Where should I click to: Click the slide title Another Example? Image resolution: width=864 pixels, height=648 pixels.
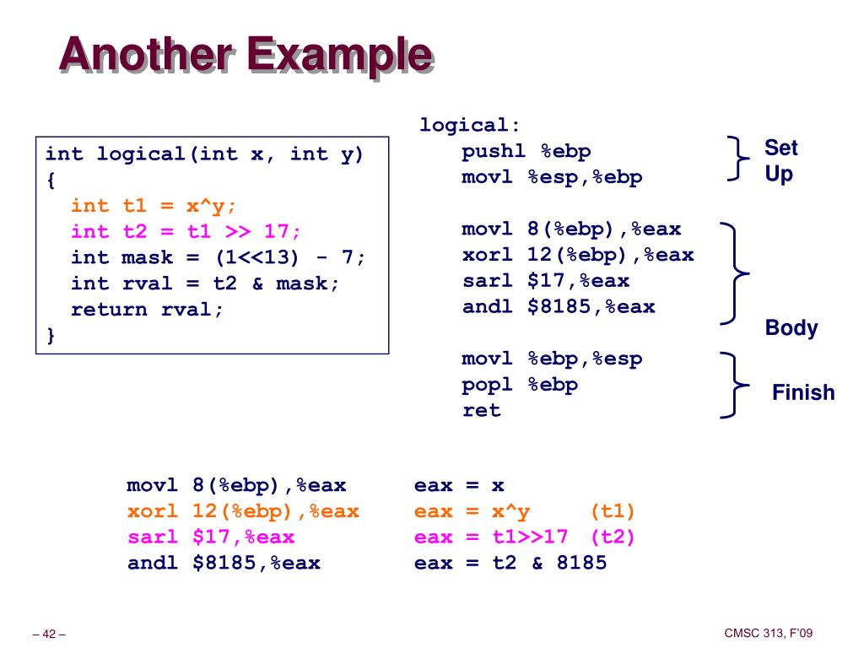[x=246, y=55]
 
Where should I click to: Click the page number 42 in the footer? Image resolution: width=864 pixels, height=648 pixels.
[x=49, y=634]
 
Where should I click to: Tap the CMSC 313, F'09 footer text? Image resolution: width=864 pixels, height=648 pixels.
[x=768, y=634]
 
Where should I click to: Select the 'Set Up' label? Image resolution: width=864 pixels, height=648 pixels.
[x=780, y=160]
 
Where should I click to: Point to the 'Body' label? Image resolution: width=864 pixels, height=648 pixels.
[x=791, y=328]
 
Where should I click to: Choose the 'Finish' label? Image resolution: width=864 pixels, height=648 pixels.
[x=803, y=392]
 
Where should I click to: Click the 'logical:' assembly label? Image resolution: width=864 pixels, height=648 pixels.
[x=469, y=125]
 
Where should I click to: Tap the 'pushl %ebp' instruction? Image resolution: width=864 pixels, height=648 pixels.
[x=526, y=151]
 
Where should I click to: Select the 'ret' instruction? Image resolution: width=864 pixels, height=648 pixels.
[x=482, y=410]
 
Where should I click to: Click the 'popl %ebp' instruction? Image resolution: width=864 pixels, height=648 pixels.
[x=520, y=385]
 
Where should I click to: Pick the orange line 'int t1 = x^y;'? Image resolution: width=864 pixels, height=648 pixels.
[x=154, y=206]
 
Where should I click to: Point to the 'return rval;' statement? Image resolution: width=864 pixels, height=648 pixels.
[x=147, y=309]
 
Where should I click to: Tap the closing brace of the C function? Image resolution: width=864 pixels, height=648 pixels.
[x=51, y=335]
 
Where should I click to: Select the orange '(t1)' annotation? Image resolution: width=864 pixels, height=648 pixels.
[x=613, y=511]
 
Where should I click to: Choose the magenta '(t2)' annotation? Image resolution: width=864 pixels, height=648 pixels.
[x=613, y=537]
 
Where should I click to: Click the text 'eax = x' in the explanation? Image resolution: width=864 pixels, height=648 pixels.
[x=459, y=485]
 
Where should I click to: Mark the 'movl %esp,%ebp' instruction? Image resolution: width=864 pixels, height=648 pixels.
[x=552, y=177]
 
